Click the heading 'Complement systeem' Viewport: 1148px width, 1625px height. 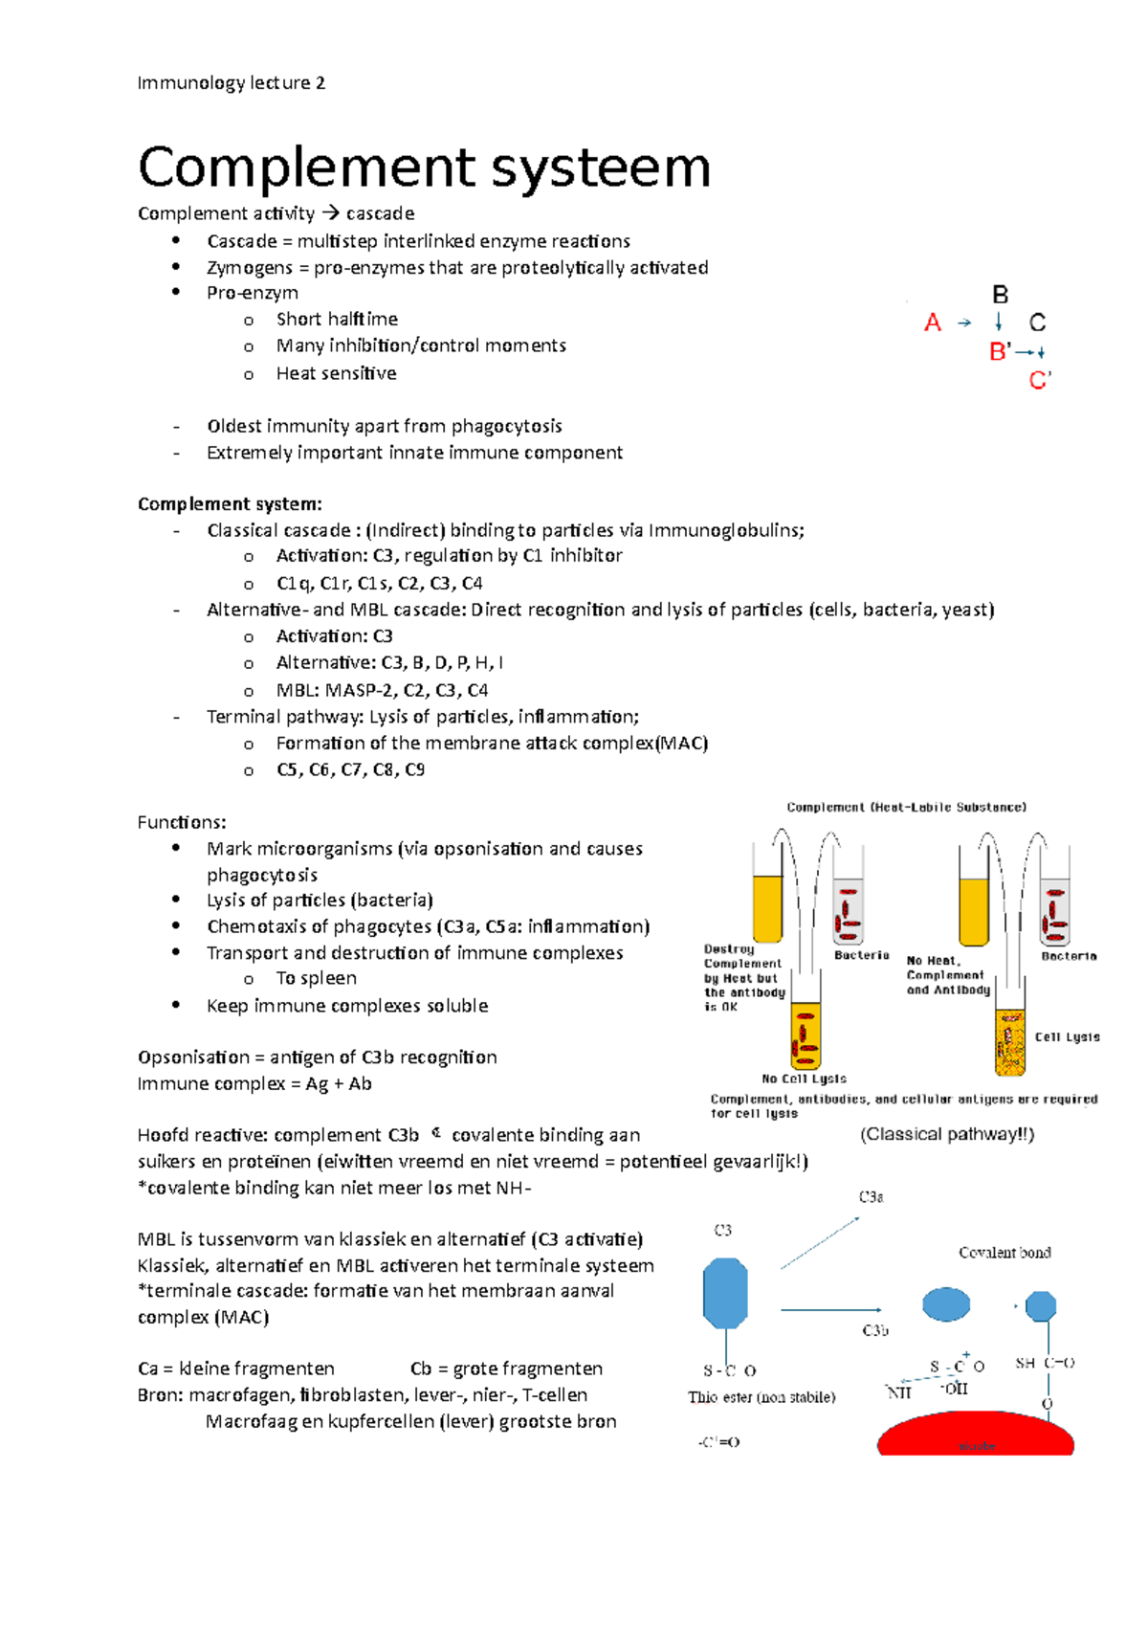point(424,168)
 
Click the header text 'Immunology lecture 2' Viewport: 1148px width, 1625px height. point(231,83)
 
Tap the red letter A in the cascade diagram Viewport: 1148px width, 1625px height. point(932,323)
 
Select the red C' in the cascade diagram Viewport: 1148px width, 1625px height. point(1039,381)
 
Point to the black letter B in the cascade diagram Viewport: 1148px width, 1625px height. point(1000,295)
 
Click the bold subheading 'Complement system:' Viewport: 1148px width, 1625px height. point(230,504)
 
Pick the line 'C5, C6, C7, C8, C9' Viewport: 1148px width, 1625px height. point(350,769)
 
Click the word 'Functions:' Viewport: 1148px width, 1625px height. point(182,822)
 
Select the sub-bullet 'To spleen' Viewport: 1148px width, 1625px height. point(316,978)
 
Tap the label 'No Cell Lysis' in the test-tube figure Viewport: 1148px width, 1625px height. point(804,1079)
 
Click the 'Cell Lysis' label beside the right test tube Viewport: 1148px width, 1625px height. point(1067,1036)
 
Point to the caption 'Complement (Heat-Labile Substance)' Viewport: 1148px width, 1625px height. point(906,807)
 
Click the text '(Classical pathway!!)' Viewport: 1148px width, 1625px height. point(946,1134)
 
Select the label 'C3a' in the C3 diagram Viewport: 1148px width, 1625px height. point(871,1197)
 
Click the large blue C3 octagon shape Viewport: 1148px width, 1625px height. point(725,1293)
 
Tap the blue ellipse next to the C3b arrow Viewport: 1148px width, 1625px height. point(945,1303)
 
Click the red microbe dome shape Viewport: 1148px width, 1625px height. point(975,1436)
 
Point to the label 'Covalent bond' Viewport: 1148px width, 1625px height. point(1004,1253)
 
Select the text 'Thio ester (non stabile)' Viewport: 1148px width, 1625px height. point(761,1397)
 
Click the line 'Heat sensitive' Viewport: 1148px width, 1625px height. point(336,373)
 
